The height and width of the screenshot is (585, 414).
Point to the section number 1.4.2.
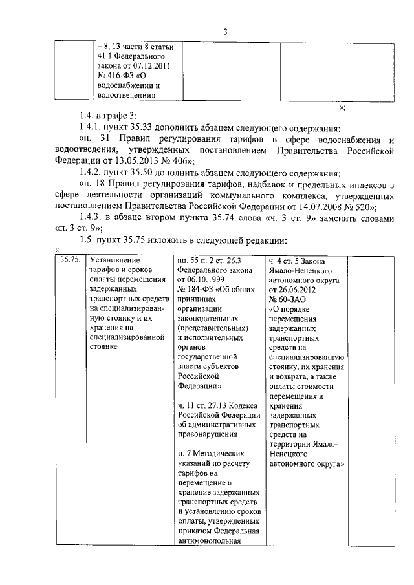pyautogui.click(x=89, y=172)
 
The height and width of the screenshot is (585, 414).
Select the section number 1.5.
pyautogui.click(x=84, y=240)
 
